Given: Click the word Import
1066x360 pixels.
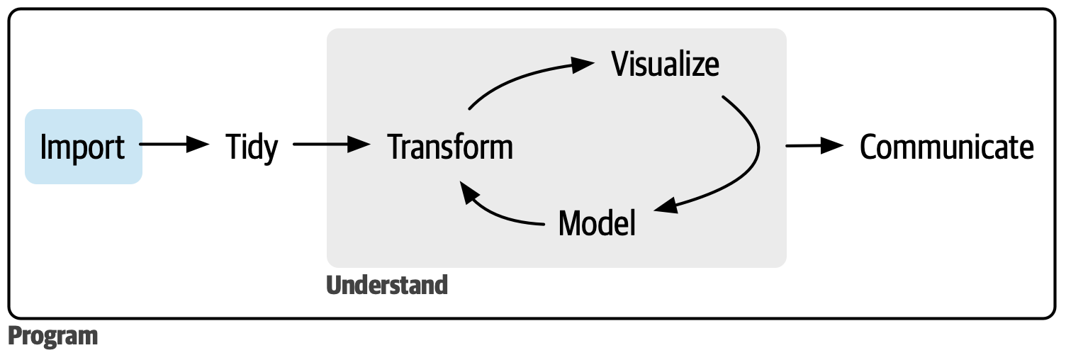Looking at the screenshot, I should click(x=83, y=147).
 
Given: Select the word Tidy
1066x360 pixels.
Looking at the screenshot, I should click(x=252, y=147).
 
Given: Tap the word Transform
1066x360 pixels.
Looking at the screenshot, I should click(x=451, y=147).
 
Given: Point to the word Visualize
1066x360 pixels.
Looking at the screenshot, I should click(x=666, y=64).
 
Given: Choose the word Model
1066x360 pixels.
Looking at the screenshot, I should click(x=597, y=223).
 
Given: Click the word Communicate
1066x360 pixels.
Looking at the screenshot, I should click(x=946, y=147).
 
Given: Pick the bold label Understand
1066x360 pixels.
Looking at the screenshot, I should click(x=387, y=285).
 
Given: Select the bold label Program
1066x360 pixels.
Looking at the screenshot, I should click(x=53, y=336).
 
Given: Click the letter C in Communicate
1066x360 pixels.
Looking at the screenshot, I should click(x=869, y=147).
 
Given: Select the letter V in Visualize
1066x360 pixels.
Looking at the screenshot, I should click(x=621, y=64).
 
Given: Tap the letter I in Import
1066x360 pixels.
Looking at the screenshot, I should click(x=44, y=147).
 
